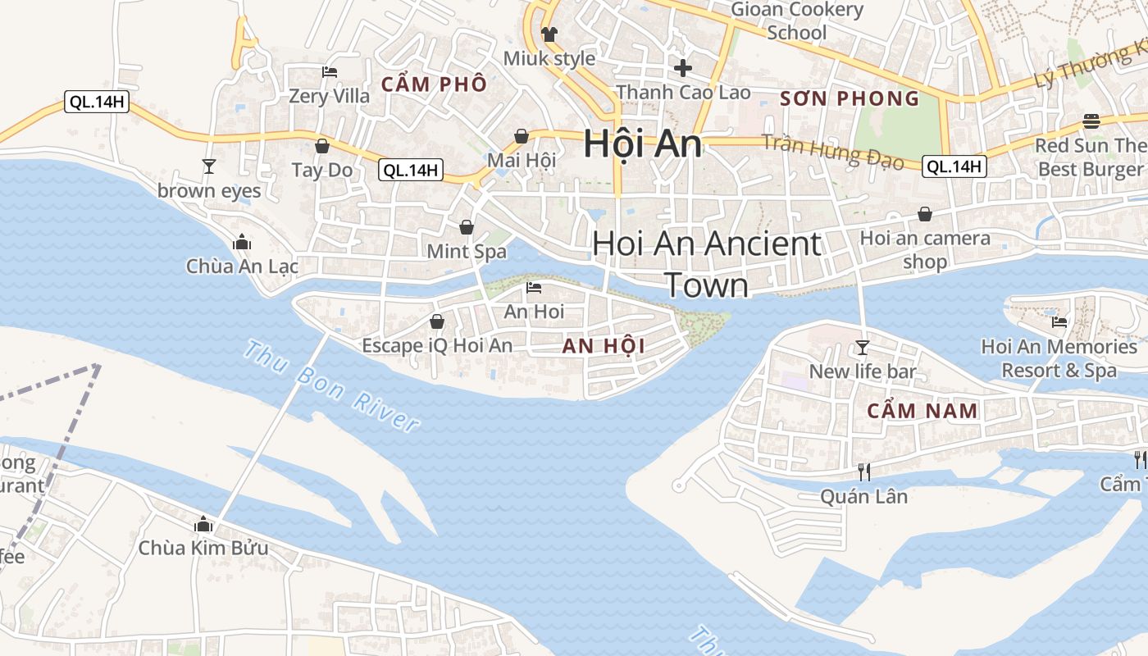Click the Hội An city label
click(642, 144)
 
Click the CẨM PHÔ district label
click(434, 84)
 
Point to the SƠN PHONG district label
click(850, 99)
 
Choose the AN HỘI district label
click(604, 346)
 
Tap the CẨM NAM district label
click(922, 411)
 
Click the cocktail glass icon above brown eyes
click(209, 166)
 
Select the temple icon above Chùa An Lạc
click(241, 242)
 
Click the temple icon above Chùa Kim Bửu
click(203, 524)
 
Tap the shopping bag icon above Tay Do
click(322, 146)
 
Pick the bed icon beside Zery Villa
click(330, 72)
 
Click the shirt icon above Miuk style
click(549, 34)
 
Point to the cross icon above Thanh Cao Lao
click(682, 67)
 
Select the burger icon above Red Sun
click(1091, 121)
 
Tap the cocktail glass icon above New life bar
click(862, 347)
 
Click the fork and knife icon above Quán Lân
click(863, 471)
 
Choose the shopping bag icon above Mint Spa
click(467, 226)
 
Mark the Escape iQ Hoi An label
click(437, 346)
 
